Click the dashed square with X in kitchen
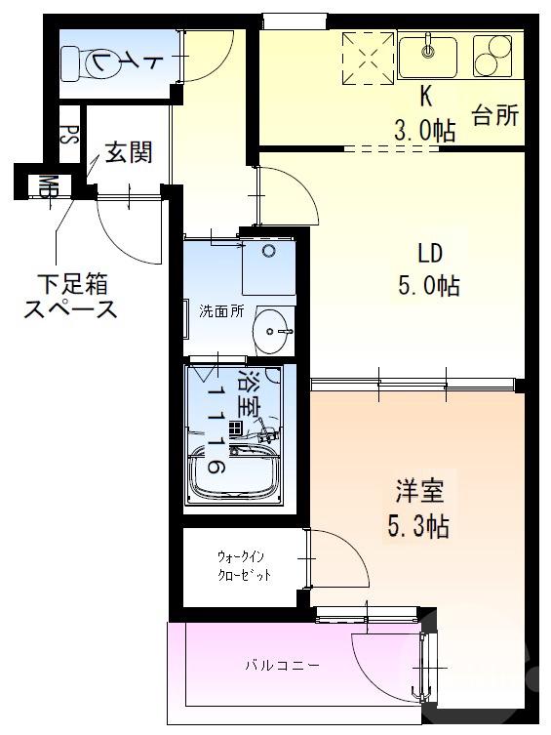[x=369, y=57]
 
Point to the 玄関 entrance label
[x=128, y=152]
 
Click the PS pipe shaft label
[x=68, y=134]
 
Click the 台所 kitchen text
[x=494, y=116]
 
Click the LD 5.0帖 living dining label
[x=430, y=270]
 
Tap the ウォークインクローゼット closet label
[x=242, y=566]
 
